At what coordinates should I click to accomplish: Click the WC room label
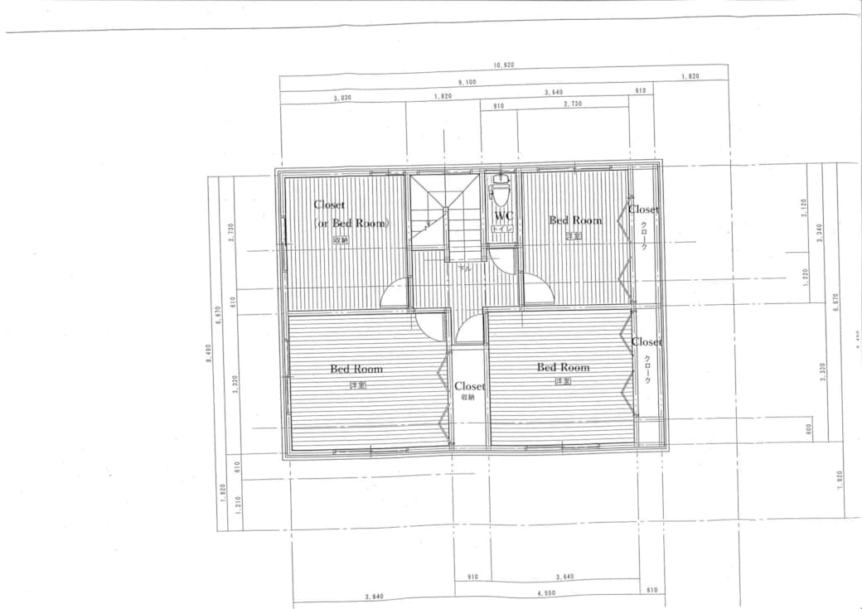[x=503, y=216]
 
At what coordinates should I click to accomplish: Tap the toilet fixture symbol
[x=500, y=192]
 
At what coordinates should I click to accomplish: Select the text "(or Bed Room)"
[x=352, y=223]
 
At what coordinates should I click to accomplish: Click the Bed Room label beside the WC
[x=574, y=220]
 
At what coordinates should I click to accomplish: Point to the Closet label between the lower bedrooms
[x=469, y=386]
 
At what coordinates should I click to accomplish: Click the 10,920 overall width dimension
[x=504, y=65]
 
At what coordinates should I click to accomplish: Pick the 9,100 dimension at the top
[x=467, y=82]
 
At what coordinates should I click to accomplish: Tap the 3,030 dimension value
[x=343, y=97]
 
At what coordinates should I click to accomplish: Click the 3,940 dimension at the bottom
[x=375, y=596]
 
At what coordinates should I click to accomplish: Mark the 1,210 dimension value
[x=238, y=500]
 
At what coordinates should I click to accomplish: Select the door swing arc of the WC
[x=501, y=262]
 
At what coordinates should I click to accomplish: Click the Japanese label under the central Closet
[x=468, y=398]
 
